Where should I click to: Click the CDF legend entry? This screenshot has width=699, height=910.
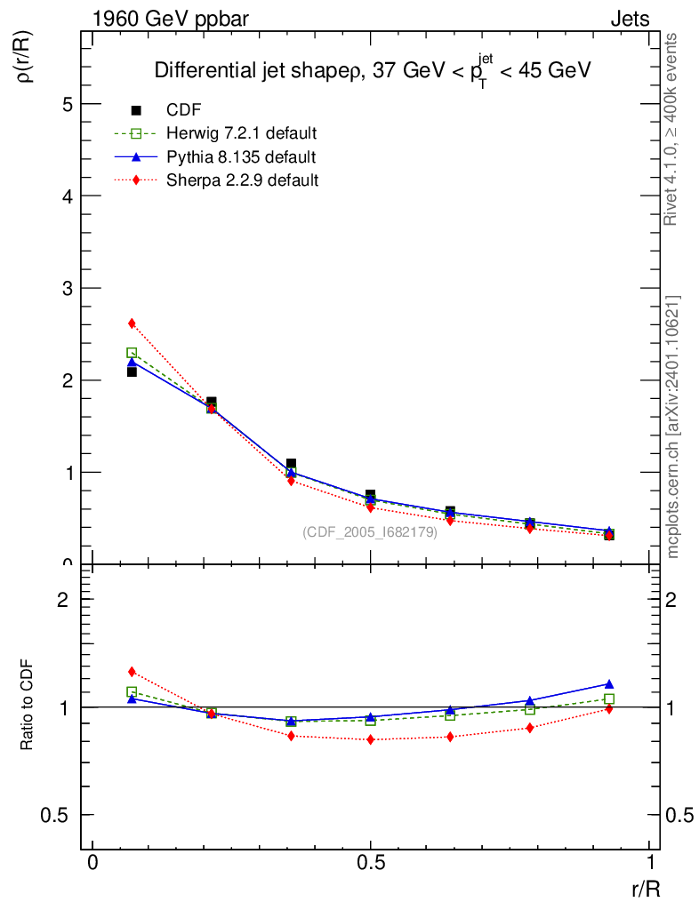point(184,110)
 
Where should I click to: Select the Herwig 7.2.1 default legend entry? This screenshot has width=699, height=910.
point(241,133)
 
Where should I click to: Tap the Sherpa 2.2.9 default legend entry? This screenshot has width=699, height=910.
point(242,180)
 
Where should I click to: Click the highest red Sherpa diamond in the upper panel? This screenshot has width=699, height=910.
point(132,323)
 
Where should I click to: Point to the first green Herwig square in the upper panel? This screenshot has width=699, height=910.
point(132,353)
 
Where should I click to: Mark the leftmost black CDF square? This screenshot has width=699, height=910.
point(132,371)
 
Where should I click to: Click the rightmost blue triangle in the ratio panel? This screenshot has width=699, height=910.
point(609,684)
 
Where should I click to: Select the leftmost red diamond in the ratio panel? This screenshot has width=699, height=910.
point(132,672)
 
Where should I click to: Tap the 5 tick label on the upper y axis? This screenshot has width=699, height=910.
point(66,103)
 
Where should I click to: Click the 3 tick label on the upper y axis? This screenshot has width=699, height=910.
point(66,288)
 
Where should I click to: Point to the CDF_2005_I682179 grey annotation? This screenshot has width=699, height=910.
point(370,532)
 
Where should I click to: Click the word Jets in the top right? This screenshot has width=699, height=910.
point(629,19)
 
